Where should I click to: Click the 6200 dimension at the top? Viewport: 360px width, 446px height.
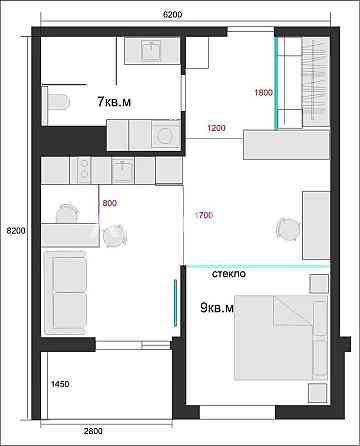point(172,16)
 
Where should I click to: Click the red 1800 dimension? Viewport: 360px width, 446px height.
point(264,93)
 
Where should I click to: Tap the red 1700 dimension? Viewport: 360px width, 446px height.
point(203,213)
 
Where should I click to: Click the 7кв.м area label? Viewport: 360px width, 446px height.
point(117,102)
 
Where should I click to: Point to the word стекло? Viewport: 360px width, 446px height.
point(230,273)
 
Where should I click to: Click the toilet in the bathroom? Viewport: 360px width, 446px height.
point(57,100)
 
